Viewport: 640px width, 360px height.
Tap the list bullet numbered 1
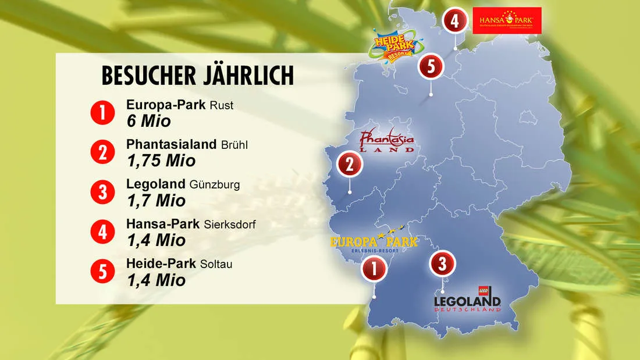click(x=102, y=113)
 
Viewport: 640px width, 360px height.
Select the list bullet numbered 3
click(x=102, y=192)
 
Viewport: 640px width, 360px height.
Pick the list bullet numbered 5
click(x=102, y=272)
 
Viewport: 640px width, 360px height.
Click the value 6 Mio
click(x=149, y=121)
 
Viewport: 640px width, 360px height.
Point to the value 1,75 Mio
click(x=161, y=161)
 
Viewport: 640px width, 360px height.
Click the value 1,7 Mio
click(x=156, y=201)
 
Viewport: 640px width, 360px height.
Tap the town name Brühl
click(x=234, y=145)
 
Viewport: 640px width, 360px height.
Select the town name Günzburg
click(x=215, y=185)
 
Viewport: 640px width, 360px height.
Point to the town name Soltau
click(x=221, y=264)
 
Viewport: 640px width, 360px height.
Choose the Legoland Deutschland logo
click(x=467, y=299)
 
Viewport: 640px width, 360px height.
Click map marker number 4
click(x=454, y=22)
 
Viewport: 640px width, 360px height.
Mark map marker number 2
click(x=350, y=165)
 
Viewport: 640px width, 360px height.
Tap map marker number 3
click(x=442, y=264)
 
